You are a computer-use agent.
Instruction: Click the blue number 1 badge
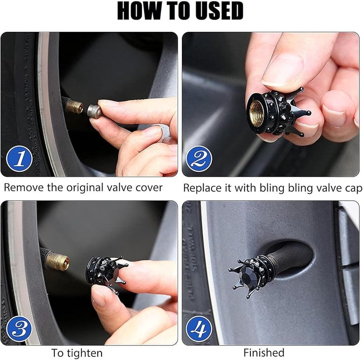tap(20, 159)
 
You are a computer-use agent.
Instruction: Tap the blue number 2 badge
tap(199, 159)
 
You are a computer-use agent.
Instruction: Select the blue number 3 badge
tap(20, 329)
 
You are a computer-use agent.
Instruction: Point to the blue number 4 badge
tap(199, 329)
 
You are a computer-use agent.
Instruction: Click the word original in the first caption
tap(85, 188)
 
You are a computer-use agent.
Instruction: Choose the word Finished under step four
tap(264, 353)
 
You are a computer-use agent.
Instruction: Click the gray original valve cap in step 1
tap(94, 111)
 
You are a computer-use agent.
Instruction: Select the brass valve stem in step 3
tap(57, 262)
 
